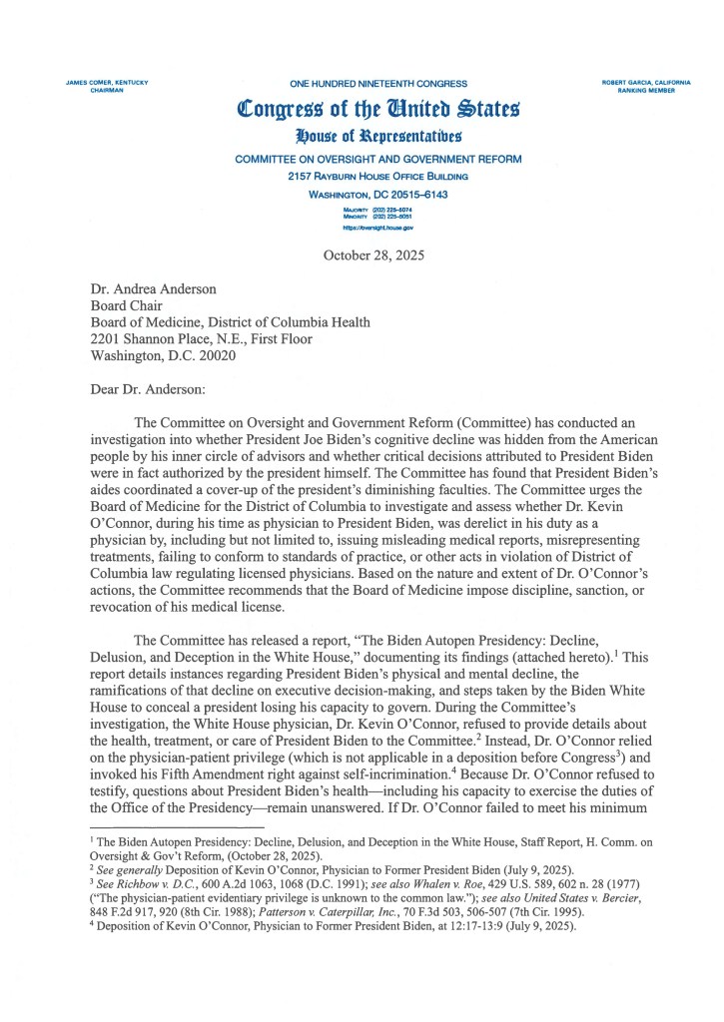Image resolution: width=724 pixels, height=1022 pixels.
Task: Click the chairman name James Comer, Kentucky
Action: (x=107, y=82)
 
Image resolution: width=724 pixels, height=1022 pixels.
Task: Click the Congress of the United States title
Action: (x=377, y=109)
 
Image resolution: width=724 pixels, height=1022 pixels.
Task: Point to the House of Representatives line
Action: (x=377, y=136)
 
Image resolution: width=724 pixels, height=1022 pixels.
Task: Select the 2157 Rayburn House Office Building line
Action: (x=377, y=176)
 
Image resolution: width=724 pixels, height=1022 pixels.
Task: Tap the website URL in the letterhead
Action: (x=377, y=228)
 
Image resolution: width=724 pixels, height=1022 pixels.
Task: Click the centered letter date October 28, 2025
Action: (x=374, y=255)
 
